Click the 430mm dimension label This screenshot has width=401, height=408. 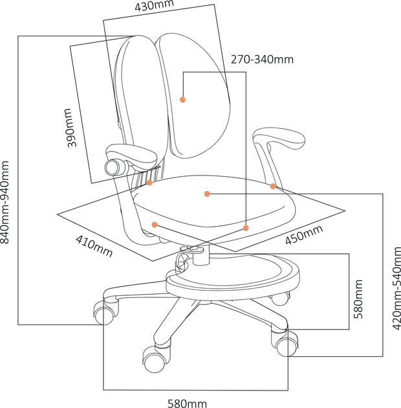point(154,6)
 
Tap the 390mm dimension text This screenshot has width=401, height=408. point(69,128)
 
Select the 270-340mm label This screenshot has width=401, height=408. point(262,60)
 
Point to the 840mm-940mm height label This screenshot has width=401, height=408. point(5,202)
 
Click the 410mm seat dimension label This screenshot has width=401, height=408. point(94,246)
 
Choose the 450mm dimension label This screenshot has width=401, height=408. point(305,234)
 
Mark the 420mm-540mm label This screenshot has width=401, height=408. point(396,289)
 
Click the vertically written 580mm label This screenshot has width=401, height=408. point(358,299)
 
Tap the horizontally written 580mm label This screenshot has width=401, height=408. point(188,403)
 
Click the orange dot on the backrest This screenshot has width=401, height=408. point(182,99)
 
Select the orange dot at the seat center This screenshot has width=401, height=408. point(207,194)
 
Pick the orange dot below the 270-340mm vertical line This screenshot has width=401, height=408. point(246,228)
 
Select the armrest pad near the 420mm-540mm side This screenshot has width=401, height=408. point(279,138)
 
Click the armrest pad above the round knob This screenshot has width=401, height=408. point(131,155)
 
